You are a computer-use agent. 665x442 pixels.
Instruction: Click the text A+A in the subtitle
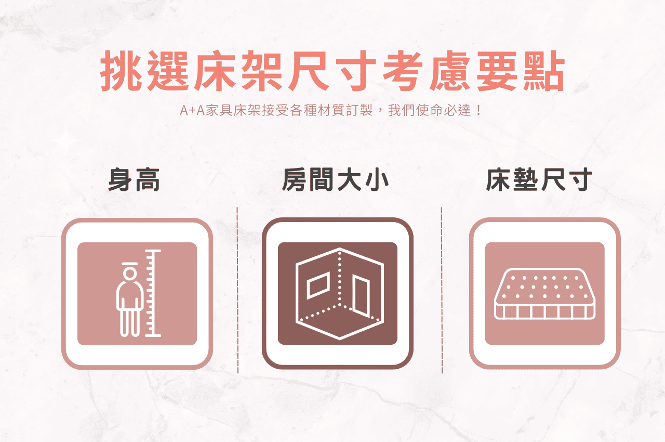click(x=191, y=111)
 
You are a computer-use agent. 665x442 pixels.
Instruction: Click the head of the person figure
click(x=128, y=274)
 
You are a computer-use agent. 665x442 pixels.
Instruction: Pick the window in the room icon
click(x=318, y=286)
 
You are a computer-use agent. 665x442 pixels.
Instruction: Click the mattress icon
click(x=544, y=294)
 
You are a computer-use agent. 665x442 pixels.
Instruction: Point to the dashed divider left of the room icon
click(x=237, y=290)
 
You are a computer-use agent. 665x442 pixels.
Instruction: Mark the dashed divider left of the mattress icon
click(x=442, y=290)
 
